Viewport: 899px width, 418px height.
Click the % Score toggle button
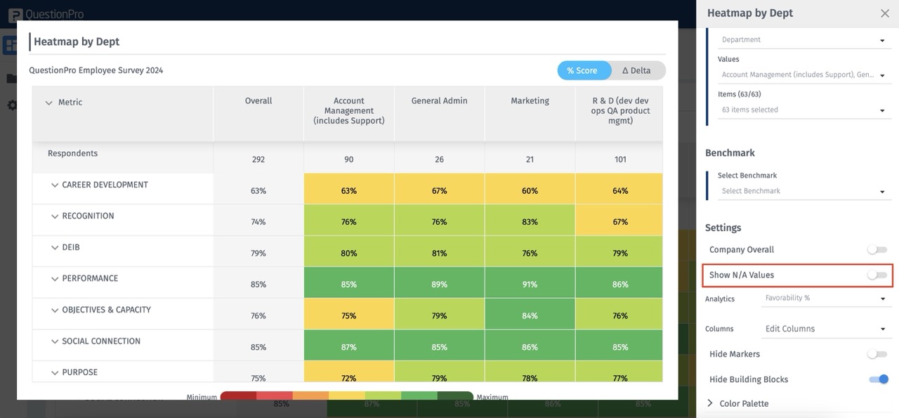pos(582,70)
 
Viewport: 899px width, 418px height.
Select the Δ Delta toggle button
pos(637,70)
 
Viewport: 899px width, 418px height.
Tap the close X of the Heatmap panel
pos(884,13)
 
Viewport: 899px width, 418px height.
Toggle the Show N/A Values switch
pos(877,275)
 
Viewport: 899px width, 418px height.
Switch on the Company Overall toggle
pos(877,249)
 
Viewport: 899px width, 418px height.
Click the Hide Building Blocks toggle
pos(878,379)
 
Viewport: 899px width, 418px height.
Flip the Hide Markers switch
pos(877,354)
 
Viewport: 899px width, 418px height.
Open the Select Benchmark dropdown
pos(803,191)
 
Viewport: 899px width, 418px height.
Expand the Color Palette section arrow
pos(710,403)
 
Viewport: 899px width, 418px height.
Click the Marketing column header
pos(530,101)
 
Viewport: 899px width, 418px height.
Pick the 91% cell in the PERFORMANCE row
pos(530,285)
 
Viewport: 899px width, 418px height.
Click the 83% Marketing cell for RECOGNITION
pos(530,222)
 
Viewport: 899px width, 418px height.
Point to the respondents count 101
pos(620,159)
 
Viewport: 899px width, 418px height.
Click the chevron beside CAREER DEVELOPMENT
pos(55,185)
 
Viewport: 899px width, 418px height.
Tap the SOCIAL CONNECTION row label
pos(100,341)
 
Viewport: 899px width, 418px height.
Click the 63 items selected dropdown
pos(803,110)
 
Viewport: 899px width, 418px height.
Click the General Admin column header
pos(439,101)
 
